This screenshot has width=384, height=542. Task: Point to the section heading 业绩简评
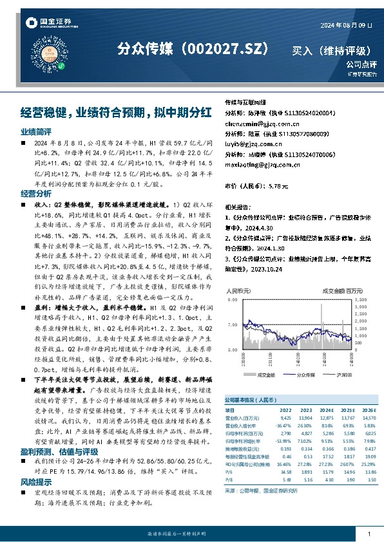pyautogui.click(x=36, y=131)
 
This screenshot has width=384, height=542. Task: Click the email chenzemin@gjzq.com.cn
pyautogui.click(x=257, y=123)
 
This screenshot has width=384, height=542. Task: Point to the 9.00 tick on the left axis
pyautogui.click(x=233, y=299)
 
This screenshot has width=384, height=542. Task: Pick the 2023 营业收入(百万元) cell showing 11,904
pyautogui.click(x=307, y=418)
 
